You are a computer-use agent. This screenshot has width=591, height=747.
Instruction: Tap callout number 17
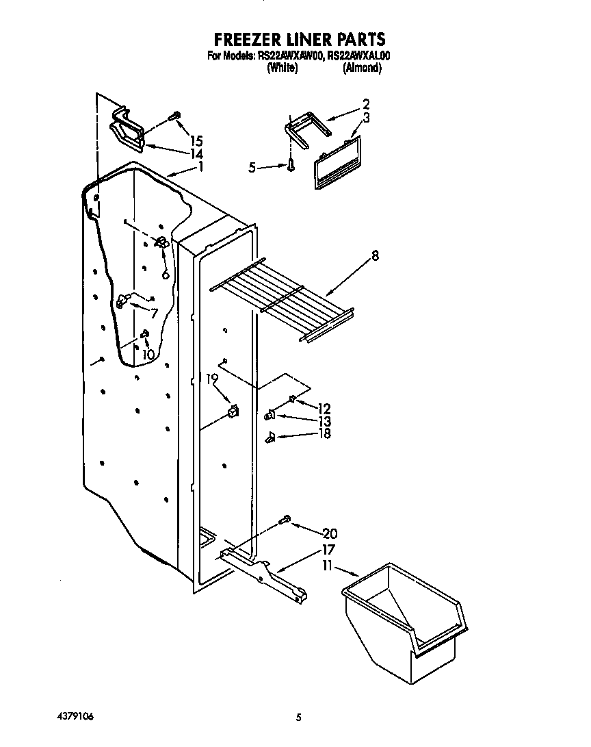[328, 549]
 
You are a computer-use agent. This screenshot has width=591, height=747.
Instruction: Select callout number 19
[212, 378]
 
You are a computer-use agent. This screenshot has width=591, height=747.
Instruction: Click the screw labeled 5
[292, 165]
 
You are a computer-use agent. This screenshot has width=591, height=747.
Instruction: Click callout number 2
[366, 104]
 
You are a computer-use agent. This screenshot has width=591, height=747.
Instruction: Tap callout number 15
[196, 141]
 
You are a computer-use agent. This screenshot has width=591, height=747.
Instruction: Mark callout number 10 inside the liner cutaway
[148, 355]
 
